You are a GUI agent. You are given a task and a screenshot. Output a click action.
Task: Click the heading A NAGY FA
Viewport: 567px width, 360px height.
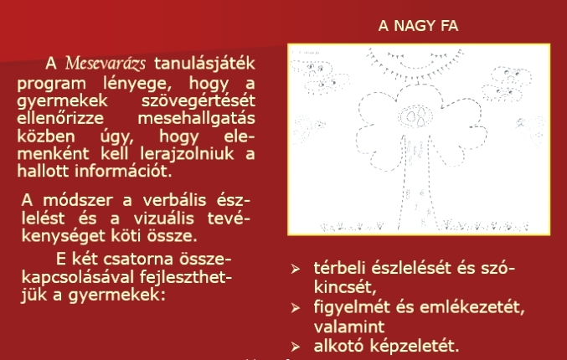[418, 26]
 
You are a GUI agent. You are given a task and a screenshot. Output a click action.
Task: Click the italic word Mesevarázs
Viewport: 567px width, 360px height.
[106, 64]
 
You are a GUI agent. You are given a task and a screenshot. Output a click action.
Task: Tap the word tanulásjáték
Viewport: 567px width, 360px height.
[204, 64]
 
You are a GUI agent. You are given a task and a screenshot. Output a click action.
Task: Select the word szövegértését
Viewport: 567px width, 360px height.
[198, 100]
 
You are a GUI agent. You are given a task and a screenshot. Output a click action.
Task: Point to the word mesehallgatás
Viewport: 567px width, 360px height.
[196, 119]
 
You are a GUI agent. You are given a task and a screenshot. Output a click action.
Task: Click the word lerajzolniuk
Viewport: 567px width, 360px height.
[187, 153]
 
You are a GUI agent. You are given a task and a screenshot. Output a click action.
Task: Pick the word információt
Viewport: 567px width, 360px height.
[123, 171]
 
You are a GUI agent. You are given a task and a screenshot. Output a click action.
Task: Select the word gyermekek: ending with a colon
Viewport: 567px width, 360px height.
[116, 296]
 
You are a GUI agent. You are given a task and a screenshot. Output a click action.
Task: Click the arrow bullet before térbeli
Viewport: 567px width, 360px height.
[296, 269]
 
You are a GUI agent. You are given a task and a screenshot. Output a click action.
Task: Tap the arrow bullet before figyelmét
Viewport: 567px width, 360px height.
[296, 308]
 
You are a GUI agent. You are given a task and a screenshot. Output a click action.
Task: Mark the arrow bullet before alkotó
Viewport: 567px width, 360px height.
[296, 347]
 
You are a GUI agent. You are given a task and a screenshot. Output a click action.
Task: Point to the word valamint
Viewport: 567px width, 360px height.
[349, 327]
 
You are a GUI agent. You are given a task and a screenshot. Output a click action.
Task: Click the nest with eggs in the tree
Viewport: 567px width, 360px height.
[415, 116]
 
